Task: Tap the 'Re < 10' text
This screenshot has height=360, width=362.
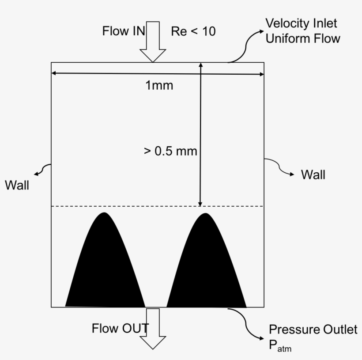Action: [193, 31]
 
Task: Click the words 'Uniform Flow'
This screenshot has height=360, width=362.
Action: [302, 38]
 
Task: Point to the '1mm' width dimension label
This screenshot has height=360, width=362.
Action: [159, 86]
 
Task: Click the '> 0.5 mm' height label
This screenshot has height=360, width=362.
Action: [170, 151]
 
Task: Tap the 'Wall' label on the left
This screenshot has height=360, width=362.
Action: [17, 185]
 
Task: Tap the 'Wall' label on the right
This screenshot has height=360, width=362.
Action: [313, 174]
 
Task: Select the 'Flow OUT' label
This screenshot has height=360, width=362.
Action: [120, 328]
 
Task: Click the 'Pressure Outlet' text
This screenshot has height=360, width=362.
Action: [313, 330]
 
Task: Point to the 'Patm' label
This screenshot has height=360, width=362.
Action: [280, 346]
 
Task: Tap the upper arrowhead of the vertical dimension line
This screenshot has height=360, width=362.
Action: [200, 65]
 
